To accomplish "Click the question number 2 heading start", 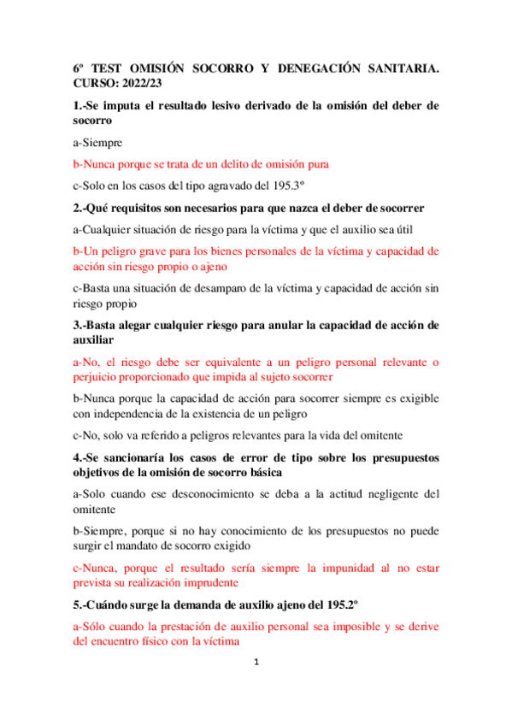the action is pos(78,208).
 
